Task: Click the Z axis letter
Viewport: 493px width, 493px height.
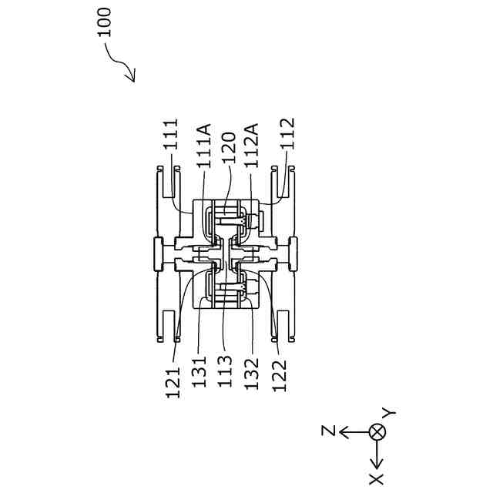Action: point(327,431)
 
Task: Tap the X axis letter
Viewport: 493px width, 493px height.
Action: point(377,479)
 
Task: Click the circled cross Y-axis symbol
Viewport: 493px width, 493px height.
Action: point(377,431)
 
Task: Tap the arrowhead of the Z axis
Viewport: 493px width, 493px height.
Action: point(344,431)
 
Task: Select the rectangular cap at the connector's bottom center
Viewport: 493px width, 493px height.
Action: point(293,253)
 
